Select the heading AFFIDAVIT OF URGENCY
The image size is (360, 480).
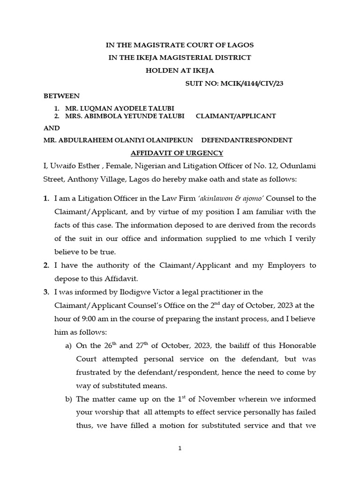click(177, 153)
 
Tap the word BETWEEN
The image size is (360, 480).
click(61, 96)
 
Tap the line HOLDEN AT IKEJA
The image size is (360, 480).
click(180, 71)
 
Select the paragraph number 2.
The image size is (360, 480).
click(46, 265)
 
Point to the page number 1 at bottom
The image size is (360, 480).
click(180, 449)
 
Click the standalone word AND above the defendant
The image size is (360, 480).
click(52, 128)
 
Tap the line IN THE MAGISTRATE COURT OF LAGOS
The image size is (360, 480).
click(180, 45)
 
